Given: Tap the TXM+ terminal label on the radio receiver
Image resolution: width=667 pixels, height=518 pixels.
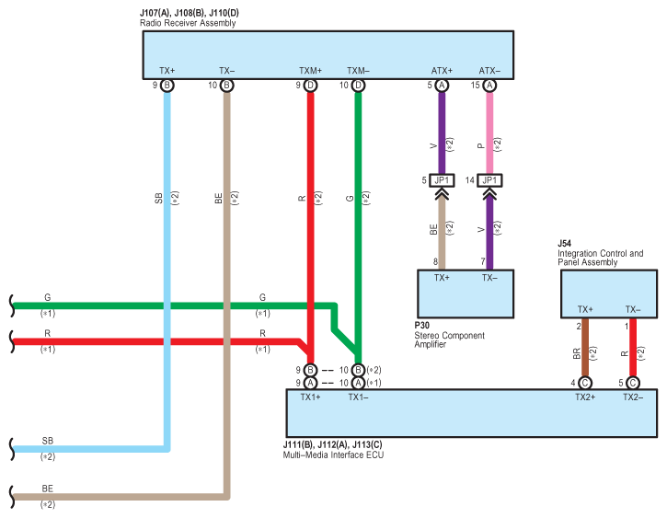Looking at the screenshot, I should click(x=310, y=71).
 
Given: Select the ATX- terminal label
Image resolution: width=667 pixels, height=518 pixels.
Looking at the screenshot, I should click(x=489, y=71).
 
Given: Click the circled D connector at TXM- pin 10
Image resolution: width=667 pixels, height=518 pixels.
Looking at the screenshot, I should click(x=358, y=86).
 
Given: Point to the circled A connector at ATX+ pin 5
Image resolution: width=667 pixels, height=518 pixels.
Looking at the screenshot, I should click(x=442, y=86).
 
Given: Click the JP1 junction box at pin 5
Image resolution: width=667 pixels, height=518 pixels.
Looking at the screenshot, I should click(x=442, y=179).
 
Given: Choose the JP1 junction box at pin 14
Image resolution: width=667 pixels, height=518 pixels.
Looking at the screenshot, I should click(x=489, y=179).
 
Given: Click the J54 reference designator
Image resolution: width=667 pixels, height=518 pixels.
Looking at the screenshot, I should click(x=565, y=244).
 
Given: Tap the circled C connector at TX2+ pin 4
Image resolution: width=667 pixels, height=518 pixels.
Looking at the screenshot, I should click(x=585, y=383).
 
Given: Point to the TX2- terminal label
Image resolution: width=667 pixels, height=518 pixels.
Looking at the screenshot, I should click(x=633, y=397).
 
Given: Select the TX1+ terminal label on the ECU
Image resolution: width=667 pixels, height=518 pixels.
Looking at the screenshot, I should click(x=310, y=397).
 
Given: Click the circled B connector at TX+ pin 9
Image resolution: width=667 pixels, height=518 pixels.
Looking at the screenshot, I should click(x=167, y=86).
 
